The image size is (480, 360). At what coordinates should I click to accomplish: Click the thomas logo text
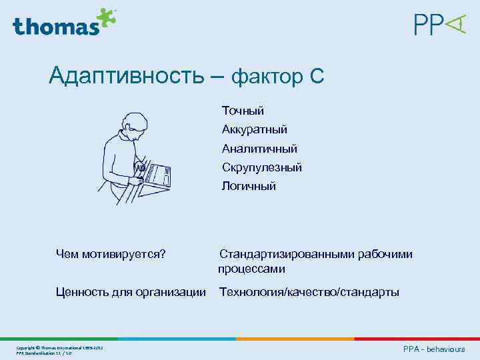55,26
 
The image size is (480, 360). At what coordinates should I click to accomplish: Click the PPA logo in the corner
439,25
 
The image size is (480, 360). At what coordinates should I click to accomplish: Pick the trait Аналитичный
259,149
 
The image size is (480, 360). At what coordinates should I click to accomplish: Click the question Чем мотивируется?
111,254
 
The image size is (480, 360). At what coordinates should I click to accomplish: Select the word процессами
251,269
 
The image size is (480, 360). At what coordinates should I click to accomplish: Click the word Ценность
83,292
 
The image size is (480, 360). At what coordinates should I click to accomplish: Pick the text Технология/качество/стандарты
309,292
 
